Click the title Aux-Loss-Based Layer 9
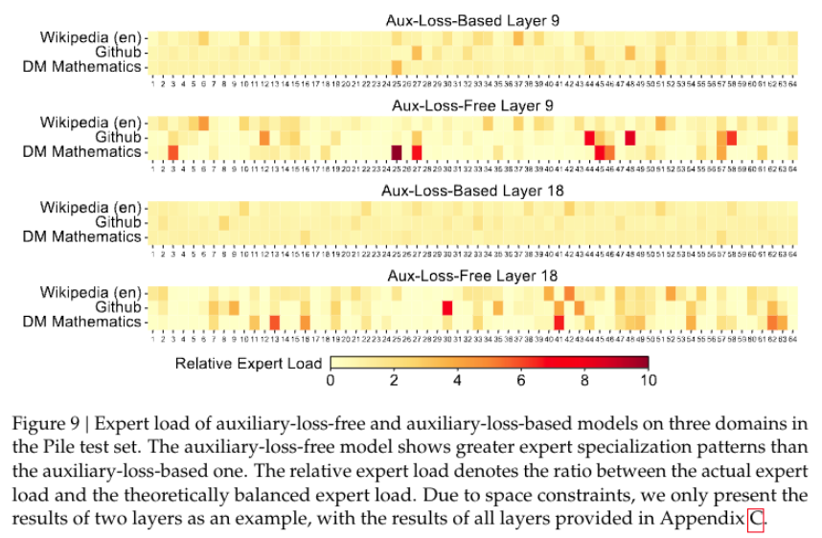coord(474,19)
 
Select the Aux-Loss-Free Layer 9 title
coord(474,104)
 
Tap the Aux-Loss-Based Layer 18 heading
coord(474,190)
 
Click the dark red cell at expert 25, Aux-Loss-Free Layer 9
coord(397,151)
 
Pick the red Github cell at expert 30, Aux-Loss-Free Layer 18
coord(446,307)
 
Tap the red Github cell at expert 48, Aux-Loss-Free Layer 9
coord(629,137)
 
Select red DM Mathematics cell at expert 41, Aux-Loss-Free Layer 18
coord(559,322)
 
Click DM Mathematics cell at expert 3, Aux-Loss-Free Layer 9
coord(173,151)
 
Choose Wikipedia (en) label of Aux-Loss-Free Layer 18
coord(91,292)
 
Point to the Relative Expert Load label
coord(249,363)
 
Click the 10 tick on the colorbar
coord(649,381)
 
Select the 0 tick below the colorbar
coord(331,381)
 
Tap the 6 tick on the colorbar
coord(521,381)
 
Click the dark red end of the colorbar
coord(643,363)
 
